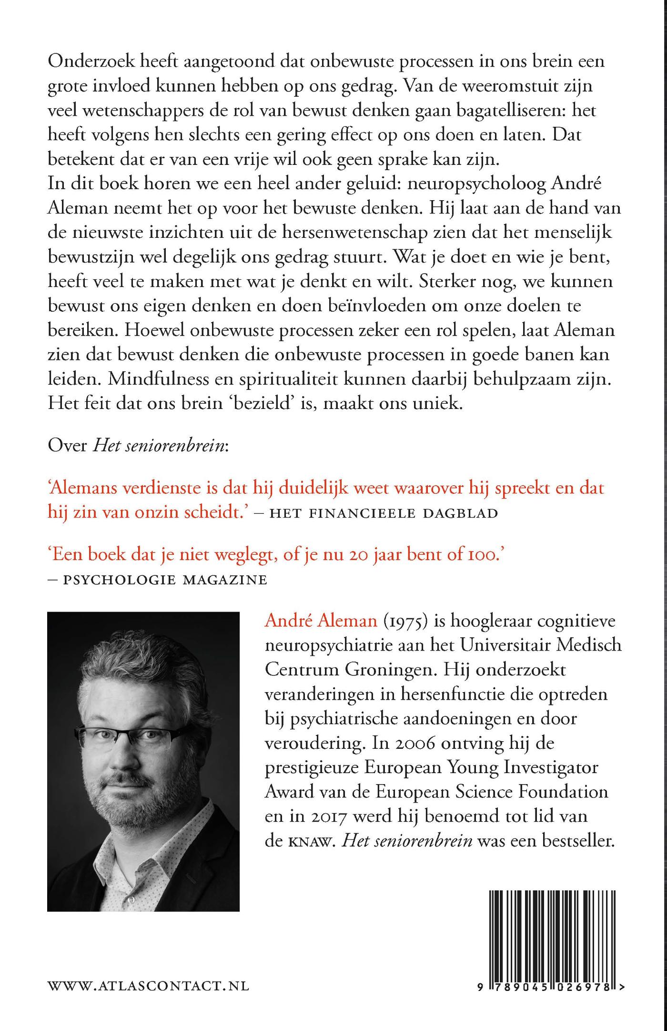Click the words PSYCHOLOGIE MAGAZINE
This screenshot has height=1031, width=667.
[x=165, y=580]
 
